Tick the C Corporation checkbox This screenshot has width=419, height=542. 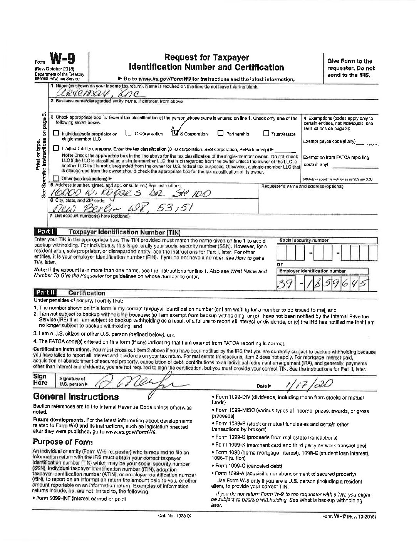[x=129, y=134]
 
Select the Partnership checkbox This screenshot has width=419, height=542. [x=220, y=134]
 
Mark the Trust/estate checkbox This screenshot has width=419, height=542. [x=266, y=134]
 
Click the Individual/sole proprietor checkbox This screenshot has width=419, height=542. [x=56, y=134]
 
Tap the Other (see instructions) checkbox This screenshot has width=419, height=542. [x=56, y=178]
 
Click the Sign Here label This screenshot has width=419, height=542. [x=40, y=380]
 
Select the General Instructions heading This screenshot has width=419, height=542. [x=76, y=396]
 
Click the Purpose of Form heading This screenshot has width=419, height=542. [x=62, y=442]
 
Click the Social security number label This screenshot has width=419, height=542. [x=304, y=240]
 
